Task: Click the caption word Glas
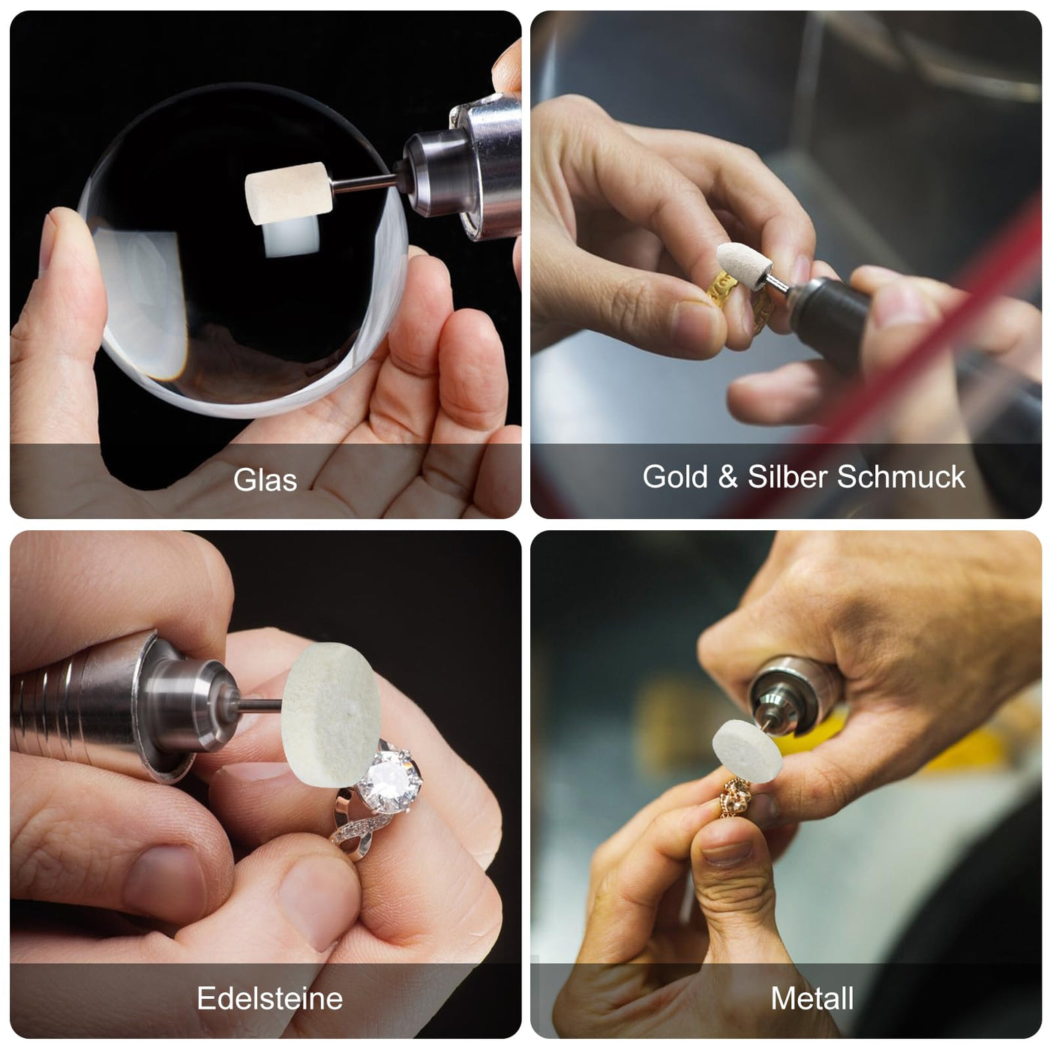click(x=265, y=480)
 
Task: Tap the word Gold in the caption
click(x=675, y=477)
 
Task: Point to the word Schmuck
click(x=901, y=477)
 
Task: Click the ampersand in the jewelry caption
click(x=727, y=477)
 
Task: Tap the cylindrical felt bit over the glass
click(x=288, y=193)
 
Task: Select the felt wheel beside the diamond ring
click(x=331, y=714)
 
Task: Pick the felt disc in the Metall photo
click(x=747, y=751)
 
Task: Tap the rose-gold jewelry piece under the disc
click(x=736, y=797)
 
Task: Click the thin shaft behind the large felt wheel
click(x=260, y=704)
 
